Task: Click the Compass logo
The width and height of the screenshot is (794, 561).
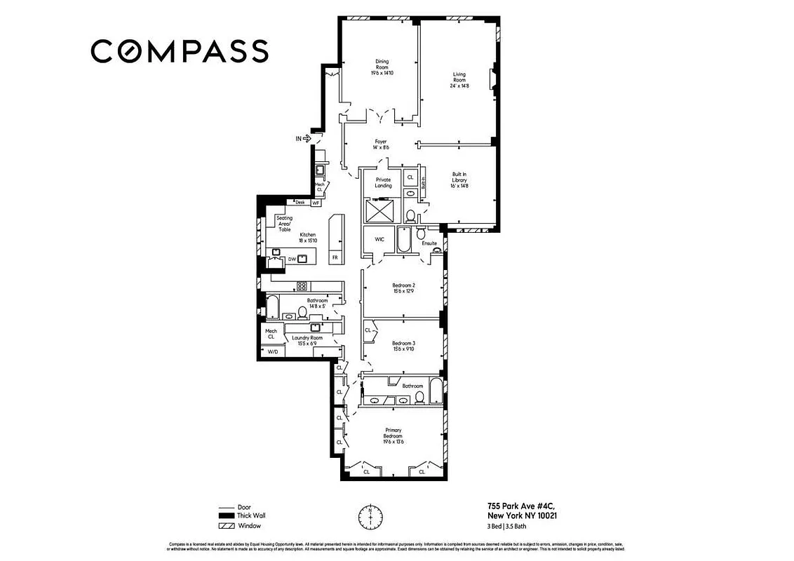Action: [x=179, y=51]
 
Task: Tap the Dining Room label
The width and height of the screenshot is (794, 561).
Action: [x=382, y=67]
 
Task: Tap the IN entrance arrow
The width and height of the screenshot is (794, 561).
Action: [x=303, y=139]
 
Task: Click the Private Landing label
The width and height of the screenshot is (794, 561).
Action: [x=383, y=182]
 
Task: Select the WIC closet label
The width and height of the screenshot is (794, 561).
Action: [x=379, y=239]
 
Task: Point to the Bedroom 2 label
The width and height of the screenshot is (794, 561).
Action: [x=403, y=288]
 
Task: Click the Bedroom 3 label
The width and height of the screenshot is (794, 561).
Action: [x=403, y=346]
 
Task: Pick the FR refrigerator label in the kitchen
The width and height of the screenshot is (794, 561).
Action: [x=335, y=257]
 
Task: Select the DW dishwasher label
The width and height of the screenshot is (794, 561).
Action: [x=291, y=259]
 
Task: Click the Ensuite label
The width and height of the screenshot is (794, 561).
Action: [x=429, y=243]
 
